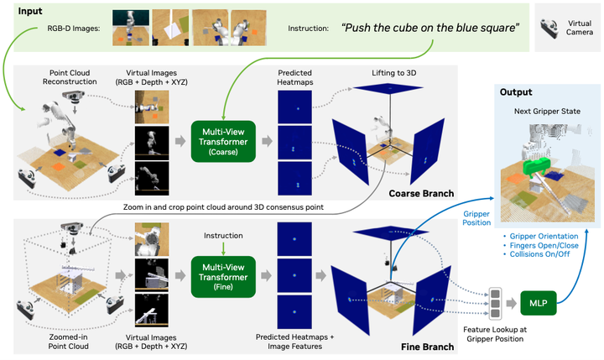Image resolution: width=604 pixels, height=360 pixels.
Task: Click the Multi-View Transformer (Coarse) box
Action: tap(223, 141)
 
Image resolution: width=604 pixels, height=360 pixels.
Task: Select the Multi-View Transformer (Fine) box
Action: tap(223, 276)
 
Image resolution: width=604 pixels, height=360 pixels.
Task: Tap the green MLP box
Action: tap(538, 303)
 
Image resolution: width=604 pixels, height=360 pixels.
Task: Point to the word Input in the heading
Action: tap(30, 11)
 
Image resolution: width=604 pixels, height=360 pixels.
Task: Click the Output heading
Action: tap(516, 92)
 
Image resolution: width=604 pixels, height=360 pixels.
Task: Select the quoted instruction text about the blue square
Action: tap(430, 28)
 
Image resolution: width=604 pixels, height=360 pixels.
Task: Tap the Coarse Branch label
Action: tap(421, 193)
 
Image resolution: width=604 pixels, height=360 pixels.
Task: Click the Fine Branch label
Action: tap(427, 347)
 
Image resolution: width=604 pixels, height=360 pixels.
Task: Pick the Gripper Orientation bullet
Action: tap(541, 237)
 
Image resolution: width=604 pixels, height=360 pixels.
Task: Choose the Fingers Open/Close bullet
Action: tap(541, 246)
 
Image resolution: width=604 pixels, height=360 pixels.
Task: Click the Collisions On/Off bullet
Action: tap(536, 254)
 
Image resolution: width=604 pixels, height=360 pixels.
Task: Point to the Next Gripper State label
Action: tap(547, 112)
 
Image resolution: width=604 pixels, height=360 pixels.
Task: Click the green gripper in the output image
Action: tap(538, 166)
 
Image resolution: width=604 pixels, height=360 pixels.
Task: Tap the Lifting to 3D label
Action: tap(393, 73)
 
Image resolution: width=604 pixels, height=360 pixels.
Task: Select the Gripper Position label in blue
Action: tap(476, 218)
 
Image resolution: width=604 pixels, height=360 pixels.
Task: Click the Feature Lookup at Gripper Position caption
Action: tap(495, 334)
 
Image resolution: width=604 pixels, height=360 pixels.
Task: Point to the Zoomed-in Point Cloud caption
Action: tap(68, 342)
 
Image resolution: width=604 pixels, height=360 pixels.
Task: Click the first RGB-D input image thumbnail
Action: tap(131, 29)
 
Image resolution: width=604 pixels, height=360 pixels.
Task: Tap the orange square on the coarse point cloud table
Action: tap(58, 167)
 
